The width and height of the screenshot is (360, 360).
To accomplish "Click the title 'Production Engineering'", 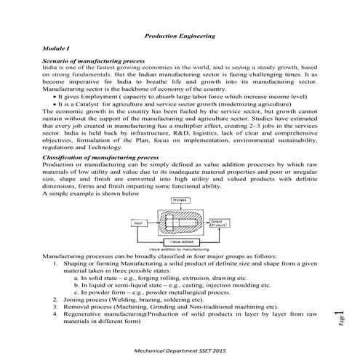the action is point(180,34).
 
